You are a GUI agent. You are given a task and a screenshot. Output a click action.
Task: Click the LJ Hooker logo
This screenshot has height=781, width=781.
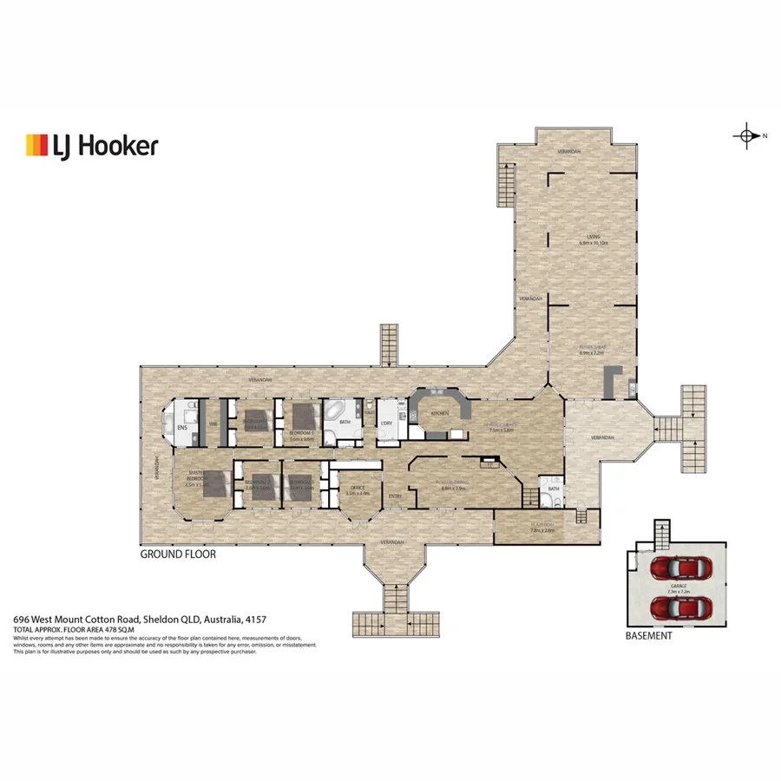click(92, 145)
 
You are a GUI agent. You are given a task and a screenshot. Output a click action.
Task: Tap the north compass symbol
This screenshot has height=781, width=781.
click(745, 135)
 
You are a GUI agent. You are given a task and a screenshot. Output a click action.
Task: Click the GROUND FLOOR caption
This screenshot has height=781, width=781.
click(178, 554)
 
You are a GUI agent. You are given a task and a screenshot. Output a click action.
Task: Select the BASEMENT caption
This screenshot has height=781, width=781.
click(648, 635)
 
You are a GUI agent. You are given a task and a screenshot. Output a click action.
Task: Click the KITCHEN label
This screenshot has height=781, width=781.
click(440, 414)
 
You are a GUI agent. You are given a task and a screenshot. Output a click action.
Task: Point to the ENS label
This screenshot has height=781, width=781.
click(182, 428)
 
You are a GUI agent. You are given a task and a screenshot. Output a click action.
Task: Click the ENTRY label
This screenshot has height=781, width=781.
click(395, 496)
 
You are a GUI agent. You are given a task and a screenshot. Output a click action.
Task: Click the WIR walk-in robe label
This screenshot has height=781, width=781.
click(213, 423)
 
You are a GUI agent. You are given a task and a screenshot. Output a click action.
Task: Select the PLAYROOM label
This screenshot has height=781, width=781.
click(541, 525)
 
